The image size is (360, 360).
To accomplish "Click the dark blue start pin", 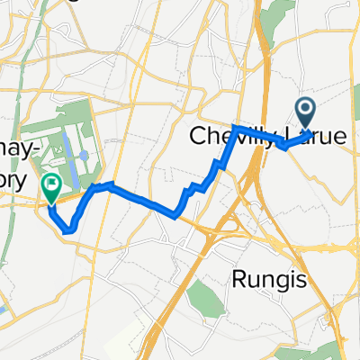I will point(304,113).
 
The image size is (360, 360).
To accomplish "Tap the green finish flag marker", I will point(51,188).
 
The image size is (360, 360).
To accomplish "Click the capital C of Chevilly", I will point(198,138).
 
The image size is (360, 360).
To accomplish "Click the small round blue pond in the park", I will point(83,156).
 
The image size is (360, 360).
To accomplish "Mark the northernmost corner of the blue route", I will point(235,127).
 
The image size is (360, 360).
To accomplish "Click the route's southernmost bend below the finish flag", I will point(67,231).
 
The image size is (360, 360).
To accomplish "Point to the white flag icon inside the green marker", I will point(51,185).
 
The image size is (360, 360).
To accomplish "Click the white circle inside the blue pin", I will point(304,111).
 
